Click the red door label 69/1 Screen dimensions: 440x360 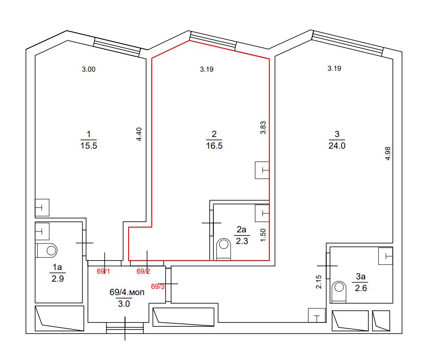(103, 271)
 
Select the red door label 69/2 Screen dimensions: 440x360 (143, 271)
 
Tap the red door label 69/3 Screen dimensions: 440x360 (158, 286)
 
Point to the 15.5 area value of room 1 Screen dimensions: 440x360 (89, 146)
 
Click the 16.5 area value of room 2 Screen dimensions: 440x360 (214, 146)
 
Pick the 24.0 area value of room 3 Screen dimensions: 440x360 (337, 146)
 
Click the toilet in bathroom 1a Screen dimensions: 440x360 (47, 250)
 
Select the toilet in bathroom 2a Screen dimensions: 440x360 (224, 249)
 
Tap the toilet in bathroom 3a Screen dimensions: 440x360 (339, 291)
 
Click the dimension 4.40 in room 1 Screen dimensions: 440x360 (139, 134)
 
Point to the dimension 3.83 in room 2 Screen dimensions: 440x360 (263, 128)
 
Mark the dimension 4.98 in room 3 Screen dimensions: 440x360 (388, 154)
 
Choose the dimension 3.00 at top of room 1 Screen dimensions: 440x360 (89, 69)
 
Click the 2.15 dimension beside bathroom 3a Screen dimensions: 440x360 (319, 282)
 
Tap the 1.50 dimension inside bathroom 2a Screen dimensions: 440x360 (263, 235)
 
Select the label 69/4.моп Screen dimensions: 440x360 (127, 292)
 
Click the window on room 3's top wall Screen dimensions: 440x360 (347, 43)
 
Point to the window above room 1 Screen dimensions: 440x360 (117, 47)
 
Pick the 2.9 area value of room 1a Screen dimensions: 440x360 (57, 279)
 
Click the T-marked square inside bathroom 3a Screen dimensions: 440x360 (386, 256)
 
